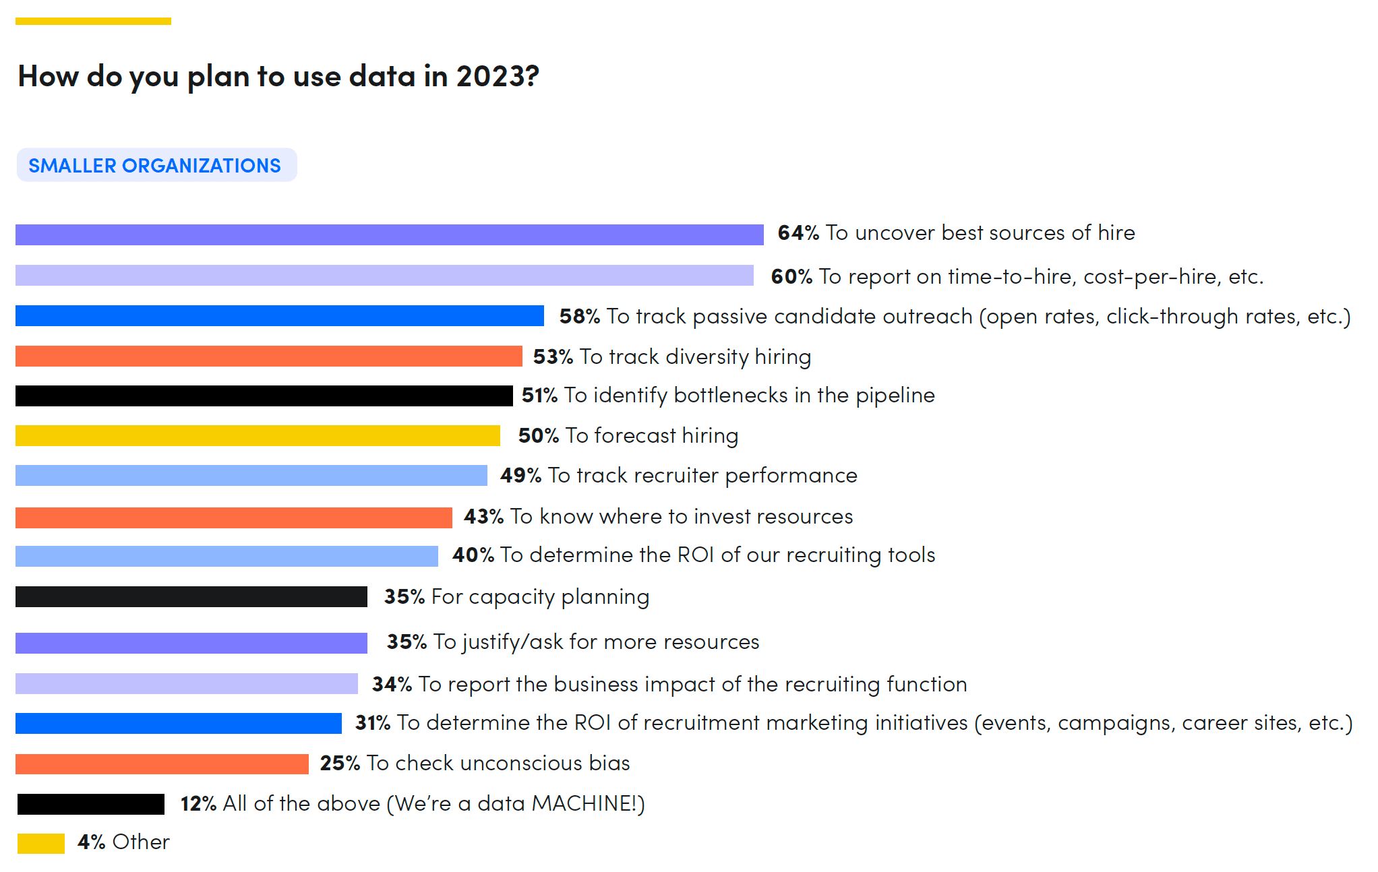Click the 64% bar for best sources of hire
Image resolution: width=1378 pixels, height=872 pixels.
[389, 235]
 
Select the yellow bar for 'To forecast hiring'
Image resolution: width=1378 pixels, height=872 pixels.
[258, 435]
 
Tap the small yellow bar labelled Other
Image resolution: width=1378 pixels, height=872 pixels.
[40, 843]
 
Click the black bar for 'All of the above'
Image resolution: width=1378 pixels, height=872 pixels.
[90, 804]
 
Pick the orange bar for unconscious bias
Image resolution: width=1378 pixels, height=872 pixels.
[162, 764]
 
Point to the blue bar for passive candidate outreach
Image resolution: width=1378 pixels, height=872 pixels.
[279, 315]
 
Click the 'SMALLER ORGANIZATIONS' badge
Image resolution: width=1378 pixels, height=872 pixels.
[156, 165]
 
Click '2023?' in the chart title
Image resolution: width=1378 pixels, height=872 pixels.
[498, 76]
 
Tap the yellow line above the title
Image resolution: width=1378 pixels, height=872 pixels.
[93, 22]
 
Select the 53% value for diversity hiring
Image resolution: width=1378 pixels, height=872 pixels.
[552, 356]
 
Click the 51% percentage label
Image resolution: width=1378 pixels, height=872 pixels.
[539, 396]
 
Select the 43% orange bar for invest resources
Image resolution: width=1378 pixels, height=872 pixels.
[233, 518]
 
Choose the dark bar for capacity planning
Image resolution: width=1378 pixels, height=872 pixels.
[191, 596]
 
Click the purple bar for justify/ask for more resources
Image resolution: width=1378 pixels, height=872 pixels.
[191, 643]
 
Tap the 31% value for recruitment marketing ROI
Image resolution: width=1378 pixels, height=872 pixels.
[372, 723]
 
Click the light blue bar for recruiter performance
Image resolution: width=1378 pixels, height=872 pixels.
[251, 475]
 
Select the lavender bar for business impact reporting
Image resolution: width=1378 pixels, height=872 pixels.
[186, 683]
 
